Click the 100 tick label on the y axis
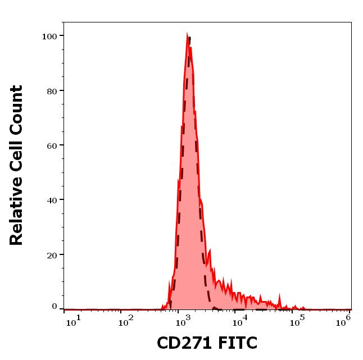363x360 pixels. [49, 36]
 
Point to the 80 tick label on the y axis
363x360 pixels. [51, 90]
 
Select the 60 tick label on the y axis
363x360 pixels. [51, 145]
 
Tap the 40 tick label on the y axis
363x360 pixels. [51, 199]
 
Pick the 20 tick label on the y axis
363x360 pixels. [51, 254]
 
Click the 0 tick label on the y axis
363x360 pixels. [54, 307]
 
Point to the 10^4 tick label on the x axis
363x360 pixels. [239, 322]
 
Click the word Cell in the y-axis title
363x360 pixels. [17, 157]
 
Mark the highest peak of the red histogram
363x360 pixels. [187, 34]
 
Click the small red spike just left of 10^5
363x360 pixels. [279, 294]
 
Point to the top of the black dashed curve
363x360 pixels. [190, 38]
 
